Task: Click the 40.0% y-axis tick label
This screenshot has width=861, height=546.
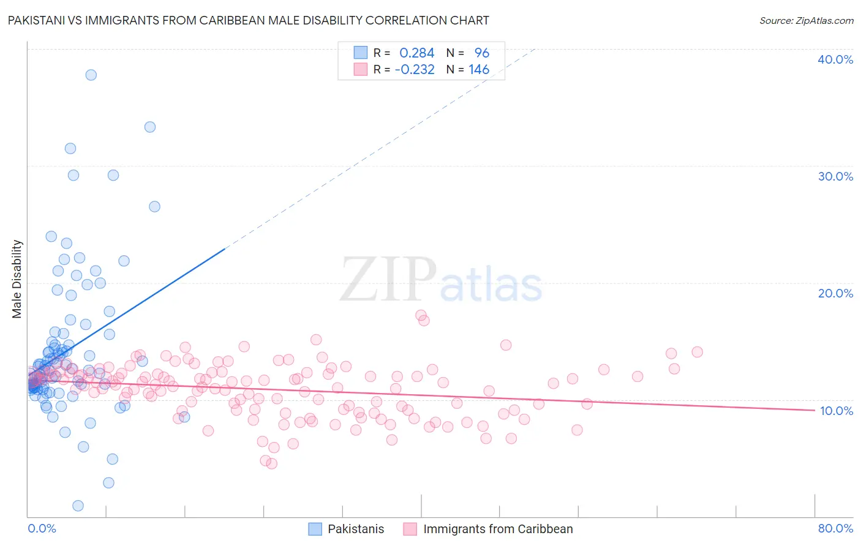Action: click(x=835, y=59)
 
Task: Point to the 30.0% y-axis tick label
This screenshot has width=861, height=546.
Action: click(x=835, y=176)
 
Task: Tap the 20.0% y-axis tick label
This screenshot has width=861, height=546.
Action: click(x=835, y=293)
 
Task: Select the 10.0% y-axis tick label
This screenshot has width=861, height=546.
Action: click(x=836, y=411)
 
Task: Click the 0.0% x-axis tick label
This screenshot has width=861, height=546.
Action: click(x=42, y=528)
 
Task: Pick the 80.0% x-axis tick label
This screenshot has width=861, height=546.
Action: click(x=835, y=528)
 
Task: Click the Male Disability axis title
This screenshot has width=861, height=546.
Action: click(x=17, y=279)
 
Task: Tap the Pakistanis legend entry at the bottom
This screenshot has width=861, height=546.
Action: click(x=347, y=529)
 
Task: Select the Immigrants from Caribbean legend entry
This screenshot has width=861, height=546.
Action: click(x=488, y=529)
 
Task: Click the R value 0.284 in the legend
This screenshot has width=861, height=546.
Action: click(x=416, y=53)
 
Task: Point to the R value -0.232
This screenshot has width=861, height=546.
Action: click(x=415, y=70)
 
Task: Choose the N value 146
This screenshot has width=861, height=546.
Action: click(x=479, y=70)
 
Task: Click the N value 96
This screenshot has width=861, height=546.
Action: click(x=481, y=53)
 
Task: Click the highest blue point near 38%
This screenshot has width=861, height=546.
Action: click(x=91, y=75)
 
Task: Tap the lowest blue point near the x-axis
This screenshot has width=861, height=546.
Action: click(x=78, y=506)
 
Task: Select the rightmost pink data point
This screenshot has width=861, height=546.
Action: click(x=697, y=352)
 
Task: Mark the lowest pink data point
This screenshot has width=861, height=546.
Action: click(x=271, y=463)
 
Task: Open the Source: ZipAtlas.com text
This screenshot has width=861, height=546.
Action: click(x=806, y=20)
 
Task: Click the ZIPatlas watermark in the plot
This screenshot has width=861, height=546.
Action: click(x=441, y=281)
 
